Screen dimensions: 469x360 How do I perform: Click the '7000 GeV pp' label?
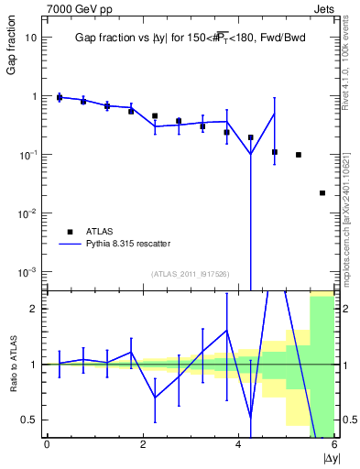tap(73, 8)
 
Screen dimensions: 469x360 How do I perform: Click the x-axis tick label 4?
tap(238, 445)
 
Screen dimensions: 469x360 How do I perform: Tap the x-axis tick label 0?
tap(47, 445)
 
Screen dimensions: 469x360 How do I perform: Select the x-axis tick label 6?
tap(333, 445)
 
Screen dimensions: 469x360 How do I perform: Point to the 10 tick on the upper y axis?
tap(32, 38)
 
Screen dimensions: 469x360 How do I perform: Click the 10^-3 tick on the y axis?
tap(28, 272)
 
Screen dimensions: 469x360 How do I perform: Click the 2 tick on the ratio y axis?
tap(33, 309)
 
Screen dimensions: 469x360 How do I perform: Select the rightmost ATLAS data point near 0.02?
tap(322, 193)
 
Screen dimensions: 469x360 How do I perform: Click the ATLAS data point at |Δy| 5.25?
tap(299, 155)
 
